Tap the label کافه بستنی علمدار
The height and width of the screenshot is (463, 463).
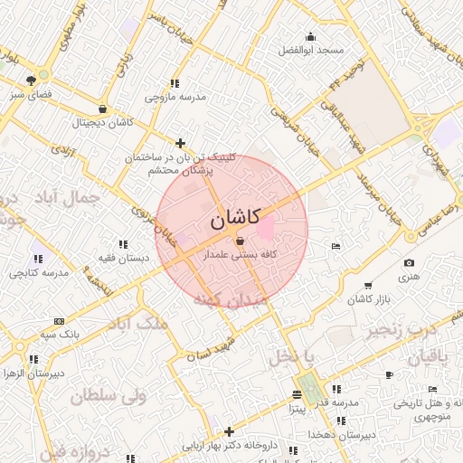239,256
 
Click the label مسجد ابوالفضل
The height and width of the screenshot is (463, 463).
311,49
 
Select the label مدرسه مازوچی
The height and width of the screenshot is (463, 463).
176,95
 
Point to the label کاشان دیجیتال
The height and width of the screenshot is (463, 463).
102,121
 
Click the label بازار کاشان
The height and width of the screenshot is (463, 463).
354,298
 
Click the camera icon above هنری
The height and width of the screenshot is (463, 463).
409,263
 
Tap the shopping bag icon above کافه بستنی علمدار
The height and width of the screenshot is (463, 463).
239,241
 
